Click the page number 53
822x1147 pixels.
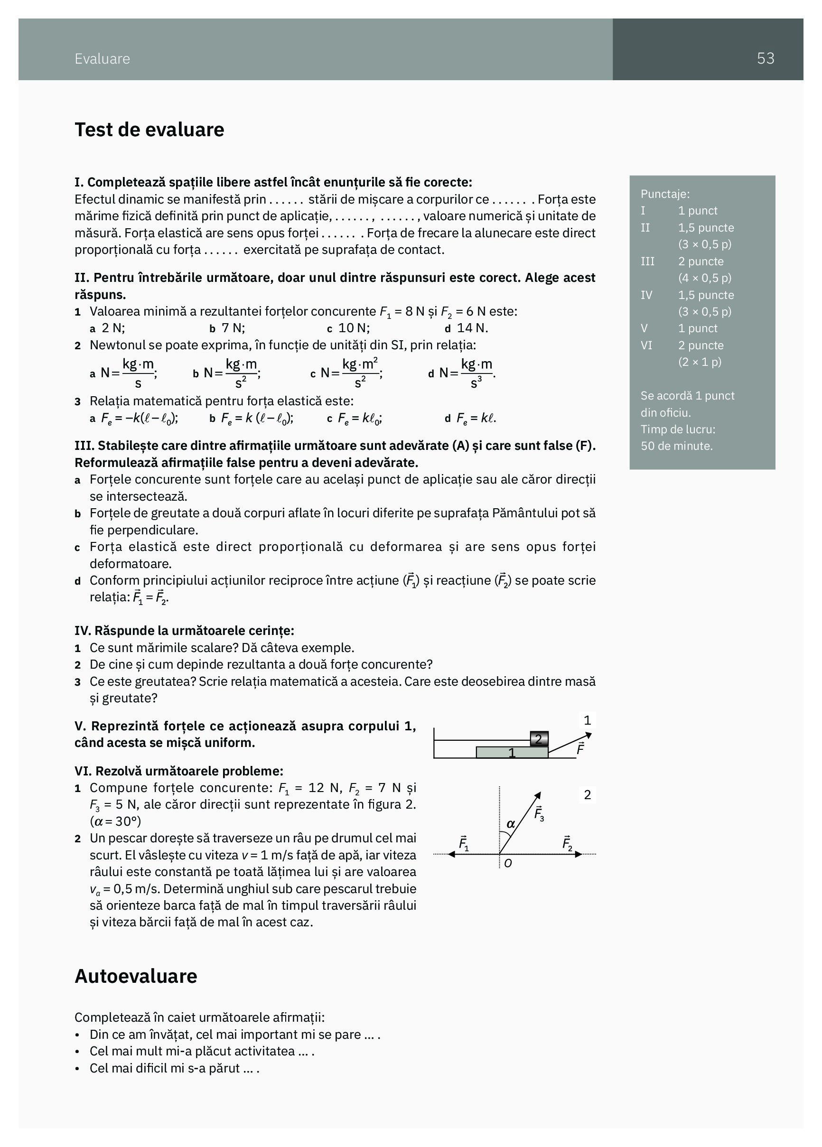pos(765,59)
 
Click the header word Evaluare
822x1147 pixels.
pos(102,59)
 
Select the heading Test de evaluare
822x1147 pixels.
pos(149,130)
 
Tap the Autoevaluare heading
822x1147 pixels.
pos(136,976)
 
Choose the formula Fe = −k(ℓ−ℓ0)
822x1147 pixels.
pos(139,418)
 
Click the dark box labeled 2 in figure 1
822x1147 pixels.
pos(539,739)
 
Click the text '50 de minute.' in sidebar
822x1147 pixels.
pos(676,446)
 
